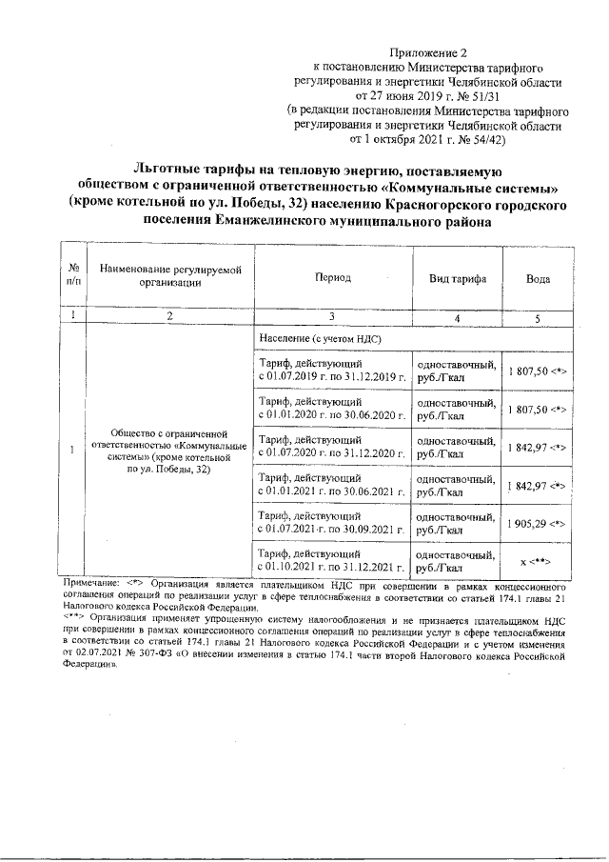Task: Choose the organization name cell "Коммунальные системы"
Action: coord(169,450)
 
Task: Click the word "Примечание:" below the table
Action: coord(90,579)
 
